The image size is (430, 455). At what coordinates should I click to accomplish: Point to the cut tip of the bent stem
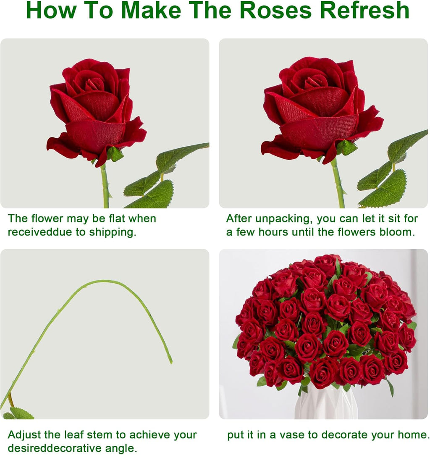pyautogui.click(x=170, y=361)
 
